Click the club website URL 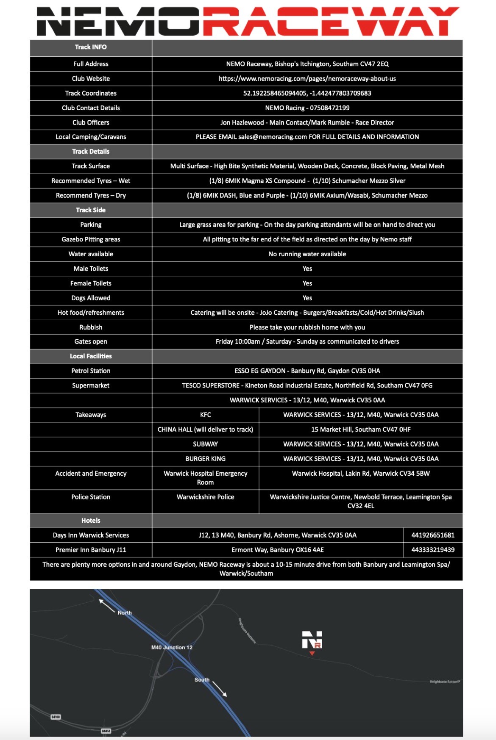307,78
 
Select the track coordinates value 307,93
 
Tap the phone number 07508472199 330,108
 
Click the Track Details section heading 91,151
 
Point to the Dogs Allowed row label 91,298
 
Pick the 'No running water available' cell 307,254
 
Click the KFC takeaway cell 205,415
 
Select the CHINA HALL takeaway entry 205,430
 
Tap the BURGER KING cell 205,459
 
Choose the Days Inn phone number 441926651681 433,535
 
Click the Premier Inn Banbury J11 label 91,550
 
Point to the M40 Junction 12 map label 172,647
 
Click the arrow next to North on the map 107,606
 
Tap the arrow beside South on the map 220,689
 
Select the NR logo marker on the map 312,640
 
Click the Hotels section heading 91,521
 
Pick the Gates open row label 91,341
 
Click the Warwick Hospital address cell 360,474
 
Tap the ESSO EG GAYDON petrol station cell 307,371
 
